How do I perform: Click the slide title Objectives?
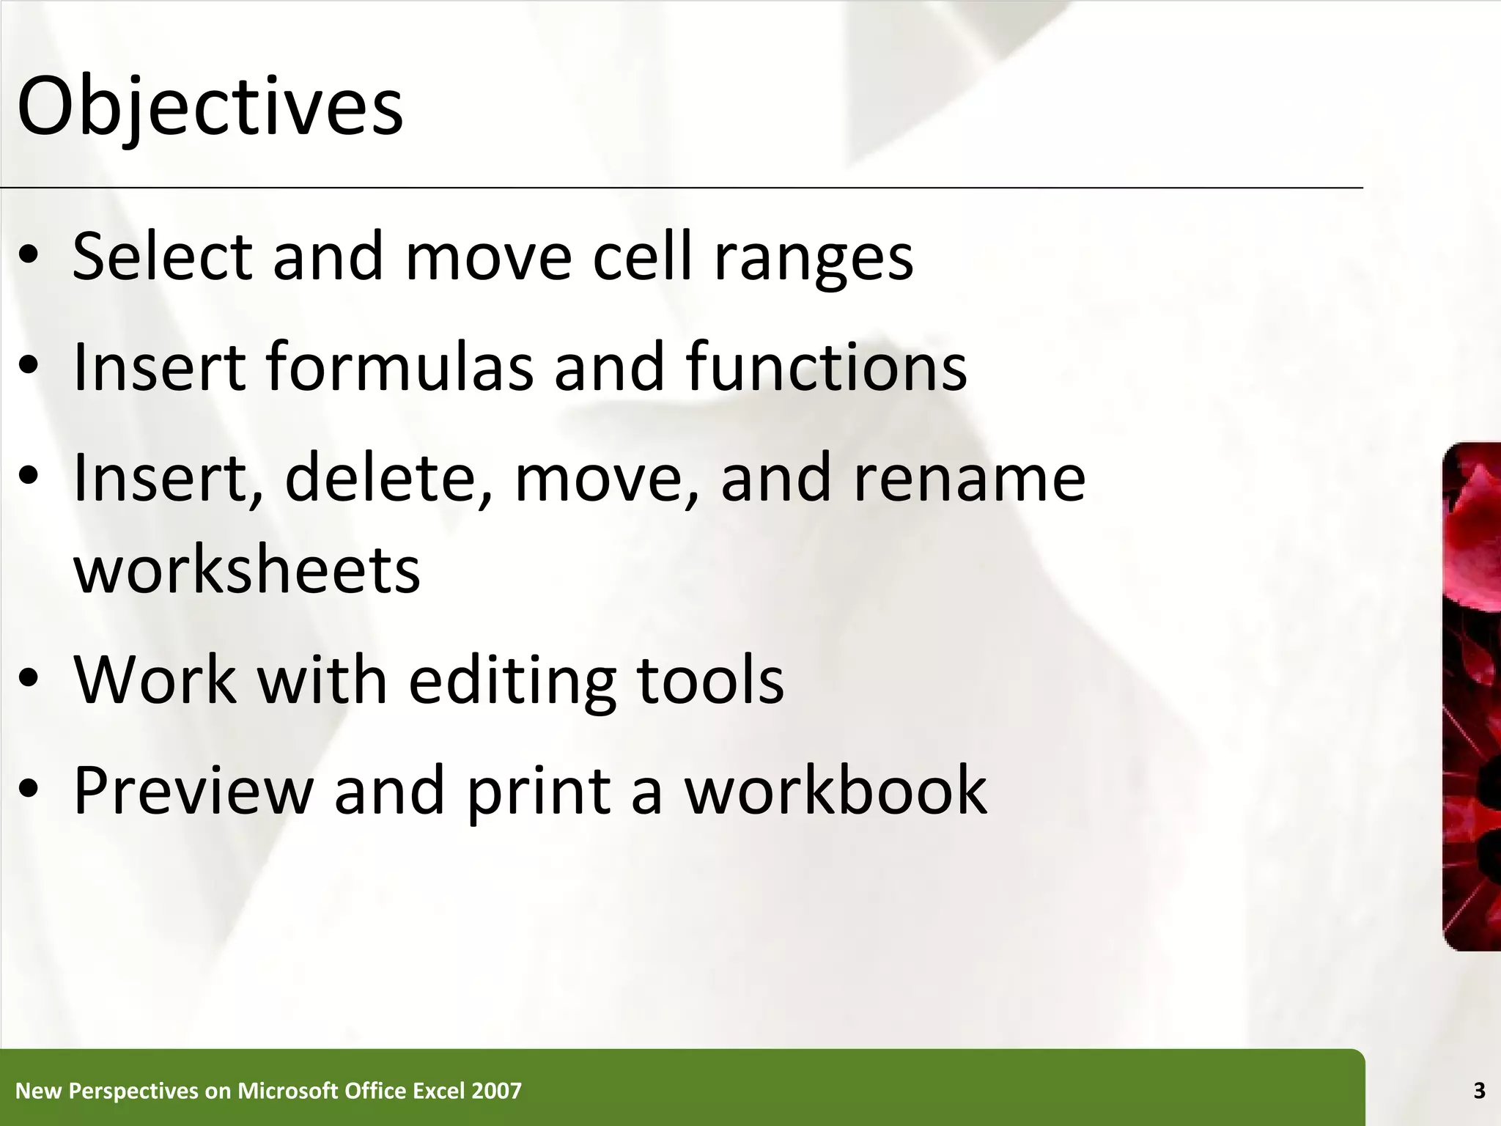click(x=210, y=107)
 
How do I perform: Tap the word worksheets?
click(x=247, y=570)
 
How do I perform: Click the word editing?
click(x=512, y=682)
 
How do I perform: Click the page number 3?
click(x=1479, y=1091)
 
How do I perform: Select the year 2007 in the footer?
click(x=497, y=1091)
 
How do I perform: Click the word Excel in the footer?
click(x=439, y=1091)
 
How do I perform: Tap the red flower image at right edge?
click(x=1472, y=696)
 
